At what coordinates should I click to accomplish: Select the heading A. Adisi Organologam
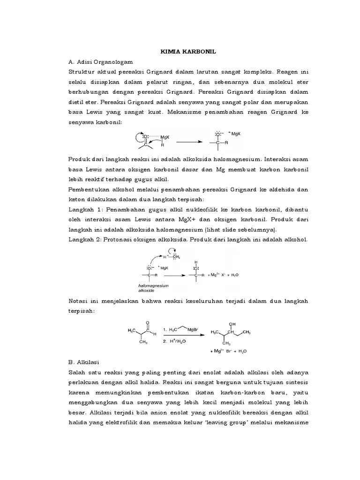pos(101,62)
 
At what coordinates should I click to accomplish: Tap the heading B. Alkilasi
pos(89,362)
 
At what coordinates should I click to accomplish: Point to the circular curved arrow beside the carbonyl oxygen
pos(138,137)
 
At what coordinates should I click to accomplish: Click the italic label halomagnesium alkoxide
pos(153,287)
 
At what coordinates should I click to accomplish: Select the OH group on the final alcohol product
pos(232,324)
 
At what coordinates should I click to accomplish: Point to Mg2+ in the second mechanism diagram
pos(213,275)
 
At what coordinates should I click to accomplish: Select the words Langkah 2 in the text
pos(84,240)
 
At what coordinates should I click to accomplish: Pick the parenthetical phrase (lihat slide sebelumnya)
pos(240,230)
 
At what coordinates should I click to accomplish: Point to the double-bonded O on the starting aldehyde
pos(148,323)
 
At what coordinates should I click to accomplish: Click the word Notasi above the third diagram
pos(80,300)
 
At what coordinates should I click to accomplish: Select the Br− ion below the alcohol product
pos(230,351)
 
